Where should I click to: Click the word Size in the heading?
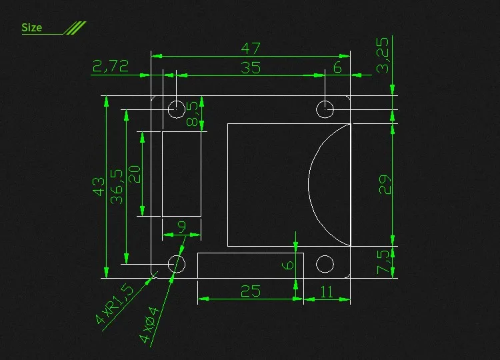click(x=31, y=27)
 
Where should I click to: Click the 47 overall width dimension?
click(x=251, y=49)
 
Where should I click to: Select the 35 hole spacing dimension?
click(x=251, y=67)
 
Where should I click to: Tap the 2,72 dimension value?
click(x=111, y=65)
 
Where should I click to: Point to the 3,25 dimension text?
click(x=383, y=55)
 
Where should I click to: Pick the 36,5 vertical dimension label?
click(x=117, y=186)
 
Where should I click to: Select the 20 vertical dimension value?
click(x=134, y=175)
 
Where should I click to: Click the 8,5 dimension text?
click(x=193, y=114)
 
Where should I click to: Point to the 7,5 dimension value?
click(x=383, y=262)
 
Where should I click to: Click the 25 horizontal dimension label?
click(x=250, y=291)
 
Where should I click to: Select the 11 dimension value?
click(x=327, y=291)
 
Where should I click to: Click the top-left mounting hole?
click(x=177, y=109)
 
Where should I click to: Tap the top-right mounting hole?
click(x=325, y=109)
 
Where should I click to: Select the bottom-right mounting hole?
click(x=325, y=264)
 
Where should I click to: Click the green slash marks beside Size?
click(x=75, y=27)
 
